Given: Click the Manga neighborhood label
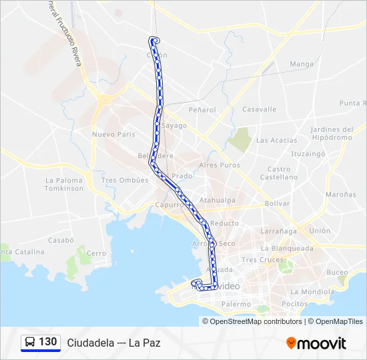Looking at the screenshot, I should pos(302,65).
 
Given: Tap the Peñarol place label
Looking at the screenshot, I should pos(202,109).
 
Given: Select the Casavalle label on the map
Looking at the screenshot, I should pos(259,109).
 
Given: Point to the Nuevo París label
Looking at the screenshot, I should pos(113,134).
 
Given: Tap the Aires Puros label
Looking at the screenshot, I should pos(220,165).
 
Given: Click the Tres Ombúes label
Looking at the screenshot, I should pos(124,181).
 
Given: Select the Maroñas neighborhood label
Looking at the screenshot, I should pos(341,195).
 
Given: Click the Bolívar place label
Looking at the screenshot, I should pos(277,203).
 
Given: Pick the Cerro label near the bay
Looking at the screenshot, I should pos(96,253).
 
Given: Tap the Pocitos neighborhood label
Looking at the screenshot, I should pos(294,303).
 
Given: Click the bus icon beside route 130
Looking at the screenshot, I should pos(30,343).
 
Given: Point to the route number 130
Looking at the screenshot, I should pos(48,342).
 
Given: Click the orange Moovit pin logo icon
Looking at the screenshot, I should pos(291,343).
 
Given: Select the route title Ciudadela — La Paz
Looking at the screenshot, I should pos(113,343).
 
